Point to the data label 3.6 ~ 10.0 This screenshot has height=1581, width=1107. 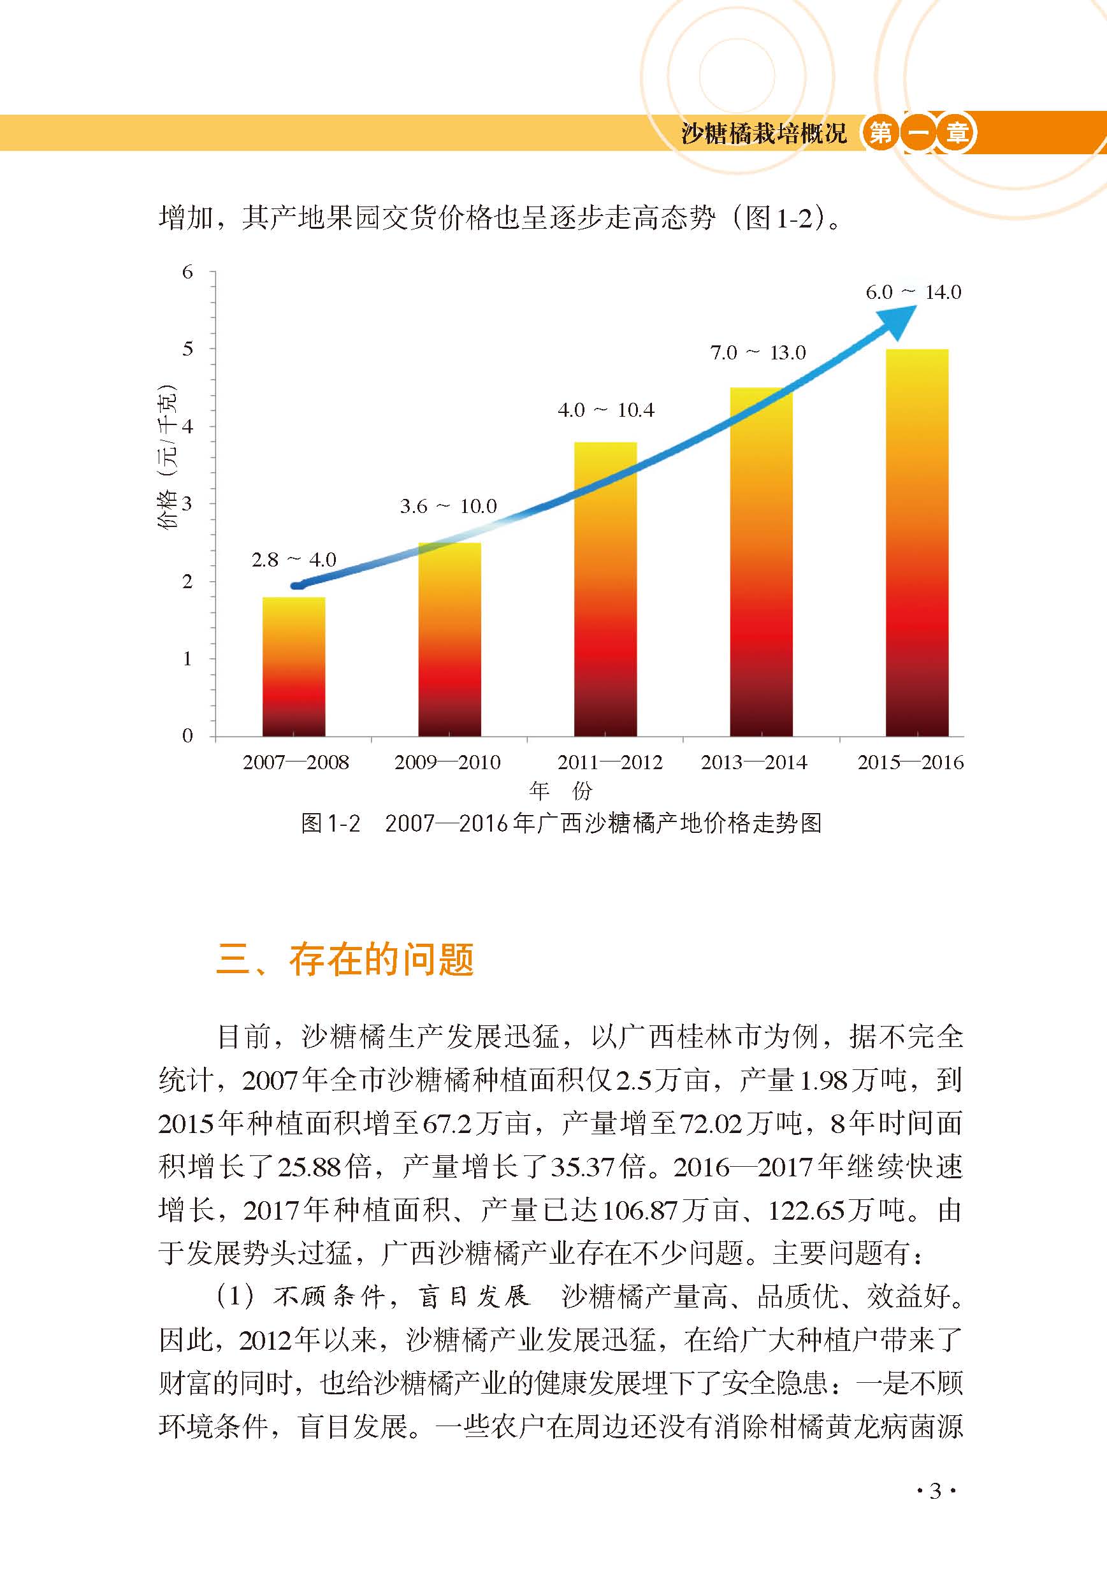pos(448,507)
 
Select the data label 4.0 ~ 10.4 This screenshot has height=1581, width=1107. pos(605,410)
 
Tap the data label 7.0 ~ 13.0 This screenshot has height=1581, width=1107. pos(758,353)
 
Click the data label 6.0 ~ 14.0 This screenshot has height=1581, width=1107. pos(913,292)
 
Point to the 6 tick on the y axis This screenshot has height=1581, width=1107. pos(187,272)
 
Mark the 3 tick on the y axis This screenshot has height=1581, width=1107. pos(187,504)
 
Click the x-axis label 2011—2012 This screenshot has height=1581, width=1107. pos(609,762)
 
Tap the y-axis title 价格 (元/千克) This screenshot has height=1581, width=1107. pos(168,456)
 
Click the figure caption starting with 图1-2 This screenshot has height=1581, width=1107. pos(561,823)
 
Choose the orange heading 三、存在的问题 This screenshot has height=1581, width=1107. pos(345,959)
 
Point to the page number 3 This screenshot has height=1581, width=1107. pos(935,1492)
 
